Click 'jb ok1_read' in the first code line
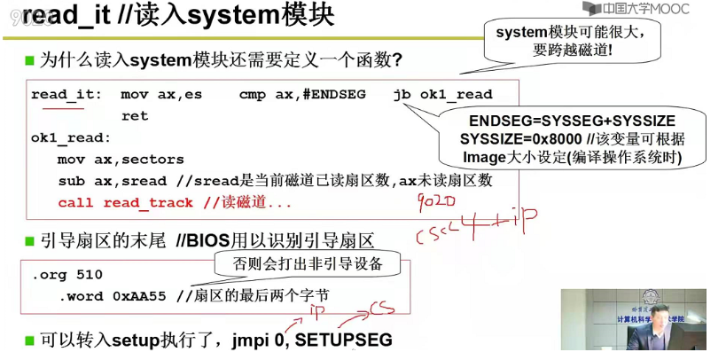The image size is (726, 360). [x=442, y=94]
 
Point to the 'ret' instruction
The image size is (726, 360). [x=135, y=115]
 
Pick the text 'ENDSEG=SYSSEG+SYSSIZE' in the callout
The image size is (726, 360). [x=572, y=121]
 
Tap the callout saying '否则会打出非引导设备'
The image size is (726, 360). [x=306, y=263]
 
